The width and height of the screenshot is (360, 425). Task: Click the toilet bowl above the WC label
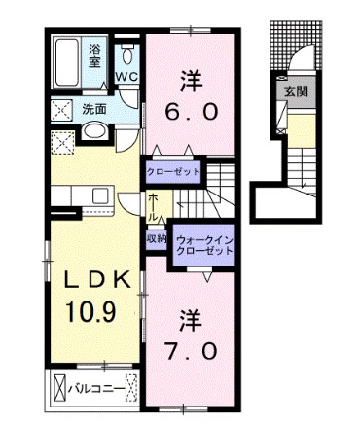pyautogui.click(x=127, y=53)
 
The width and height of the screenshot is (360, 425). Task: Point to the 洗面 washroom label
pyautogui.click(x=92, y=109)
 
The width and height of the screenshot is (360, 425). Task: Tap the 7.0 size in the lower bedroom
pyautogui.click(x=192, y=348)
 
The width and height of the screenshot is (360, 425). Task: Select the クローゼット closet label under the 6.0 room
pyautogui.click(x=174, y=171)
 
